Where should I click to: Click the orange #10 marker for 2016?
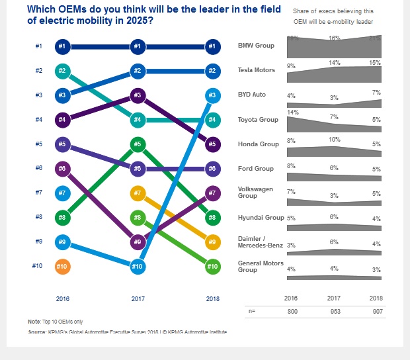tap(61, 266)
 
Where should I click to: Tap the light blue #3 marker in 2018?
tap(213, 95)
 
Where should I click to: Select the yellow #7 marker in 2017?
tap(137, 193)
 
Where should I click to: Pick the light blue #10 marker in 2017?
tap(137, 266)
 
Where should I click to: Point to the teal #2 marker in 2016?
tap(61, 70)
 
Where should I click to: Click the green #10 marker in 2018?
tap(213, 266)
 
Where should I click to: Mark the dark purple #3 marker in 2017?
tap(137, 95)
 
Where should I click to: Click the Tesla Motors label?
tap(257, 70)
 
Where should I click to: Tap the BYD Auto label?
tap(252, 95)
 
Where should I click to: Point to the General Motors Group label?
tap(260, 266)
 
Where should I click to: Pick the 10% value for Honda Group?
tap(335, 140)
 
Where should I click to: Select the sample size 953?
tap(335, 309)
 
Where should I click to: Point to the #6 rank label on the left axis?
tap(39, 168)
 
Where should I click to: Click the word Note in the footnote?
tap(34, 321)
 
